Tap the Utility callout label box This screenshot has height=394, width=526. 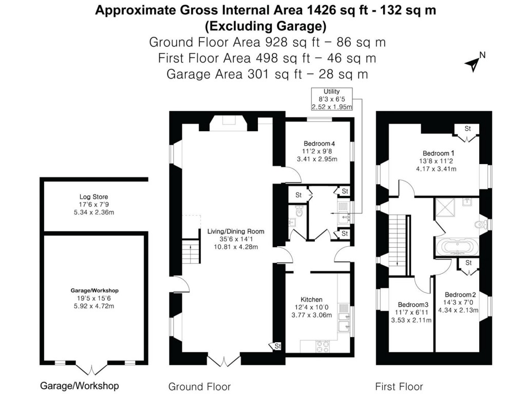pyautogui.click(x=332, y=99)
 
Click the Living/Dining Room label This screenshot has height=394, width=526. pyautogui.click(x=236, y=239)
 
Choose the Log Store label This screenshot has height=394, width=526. pyautogui.click(x=93, y=204)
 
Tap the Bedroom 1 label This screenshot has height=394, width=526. pyautogui.click(x=438, y=161)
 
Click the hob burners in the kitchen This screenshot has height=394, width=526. pyautogui.click(x=322, y=346)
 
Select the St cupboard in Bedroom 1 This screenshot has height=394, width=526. pyautogui.click(x=467, y=129)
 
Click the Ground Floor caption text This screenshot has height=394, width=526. pyautogui.click(x=199, y=386)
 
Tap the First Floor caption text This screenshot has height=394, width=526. pyautogui.click(x=399, y=386)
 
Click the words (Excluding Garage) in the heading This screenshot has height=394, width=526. pyautogui.click(x=266, y=25)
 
